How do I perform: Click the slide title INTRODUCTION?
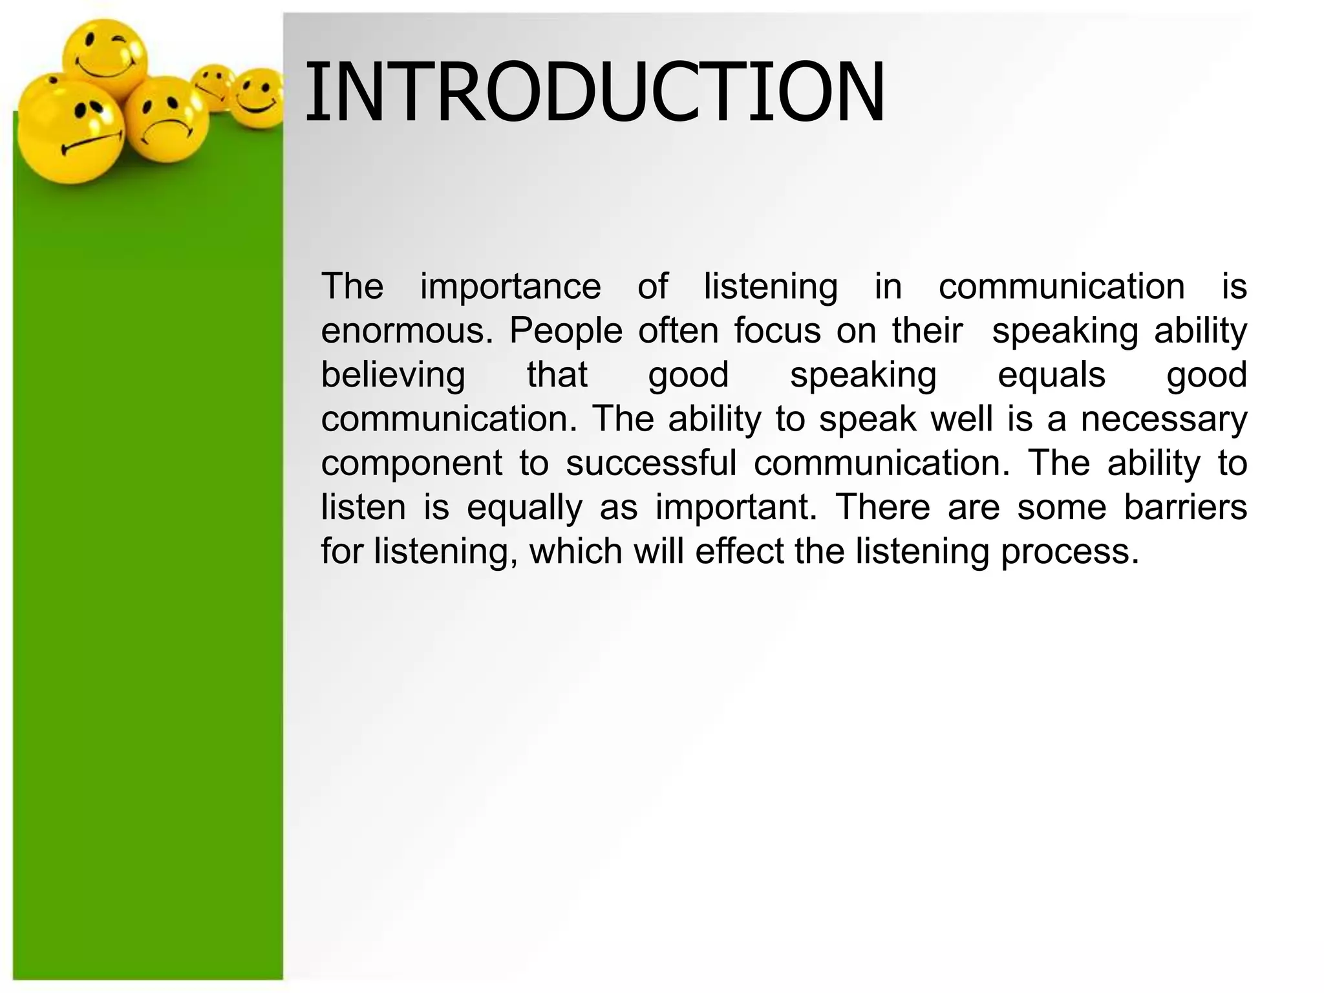(594, 92)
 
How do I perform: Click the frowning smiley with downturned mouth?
(166, 120)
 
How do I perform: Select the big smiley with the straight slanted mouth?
(70, 133)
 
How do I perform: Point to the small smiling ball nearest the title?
(257, 97)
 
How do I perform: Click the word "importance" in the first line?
(510, 286)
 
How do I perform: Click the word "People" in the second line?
(566, 330)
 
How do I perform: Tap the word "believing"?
(393, 375)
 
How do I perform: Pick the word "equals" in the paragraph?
(1051, 375)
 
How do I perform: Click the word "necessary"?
(1164, 419)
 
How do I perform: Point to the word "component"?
(412, 463)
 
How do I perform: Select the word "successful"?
(651, 463)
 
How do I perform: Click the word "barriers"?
(1185, 507)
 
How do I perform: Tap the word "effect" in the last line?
(736, 551)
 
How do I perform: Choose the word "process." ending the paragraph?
(1069, 551)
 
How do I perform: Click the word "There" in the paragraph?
(882, 507)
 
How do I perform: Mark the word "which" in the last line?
(575, 551)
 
